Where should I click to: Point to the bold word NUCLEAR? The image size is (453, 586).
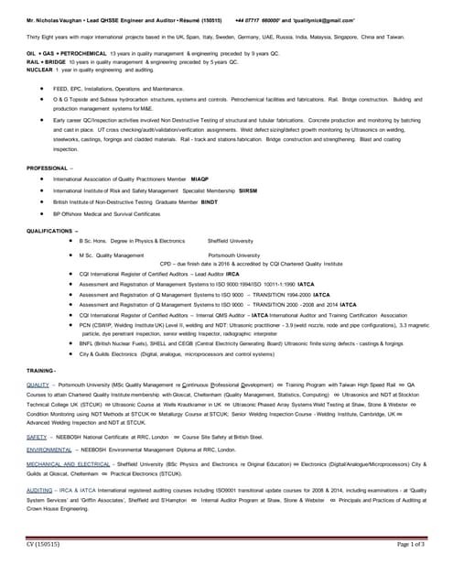pyautogui.click(x=38, y=69)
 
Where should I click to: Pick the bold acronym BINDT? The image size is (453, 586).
pyautogui.click(x=209, y=201)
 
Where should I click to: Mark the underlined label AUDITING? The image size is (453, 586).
pyautogui.click(x=39, y=491)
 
